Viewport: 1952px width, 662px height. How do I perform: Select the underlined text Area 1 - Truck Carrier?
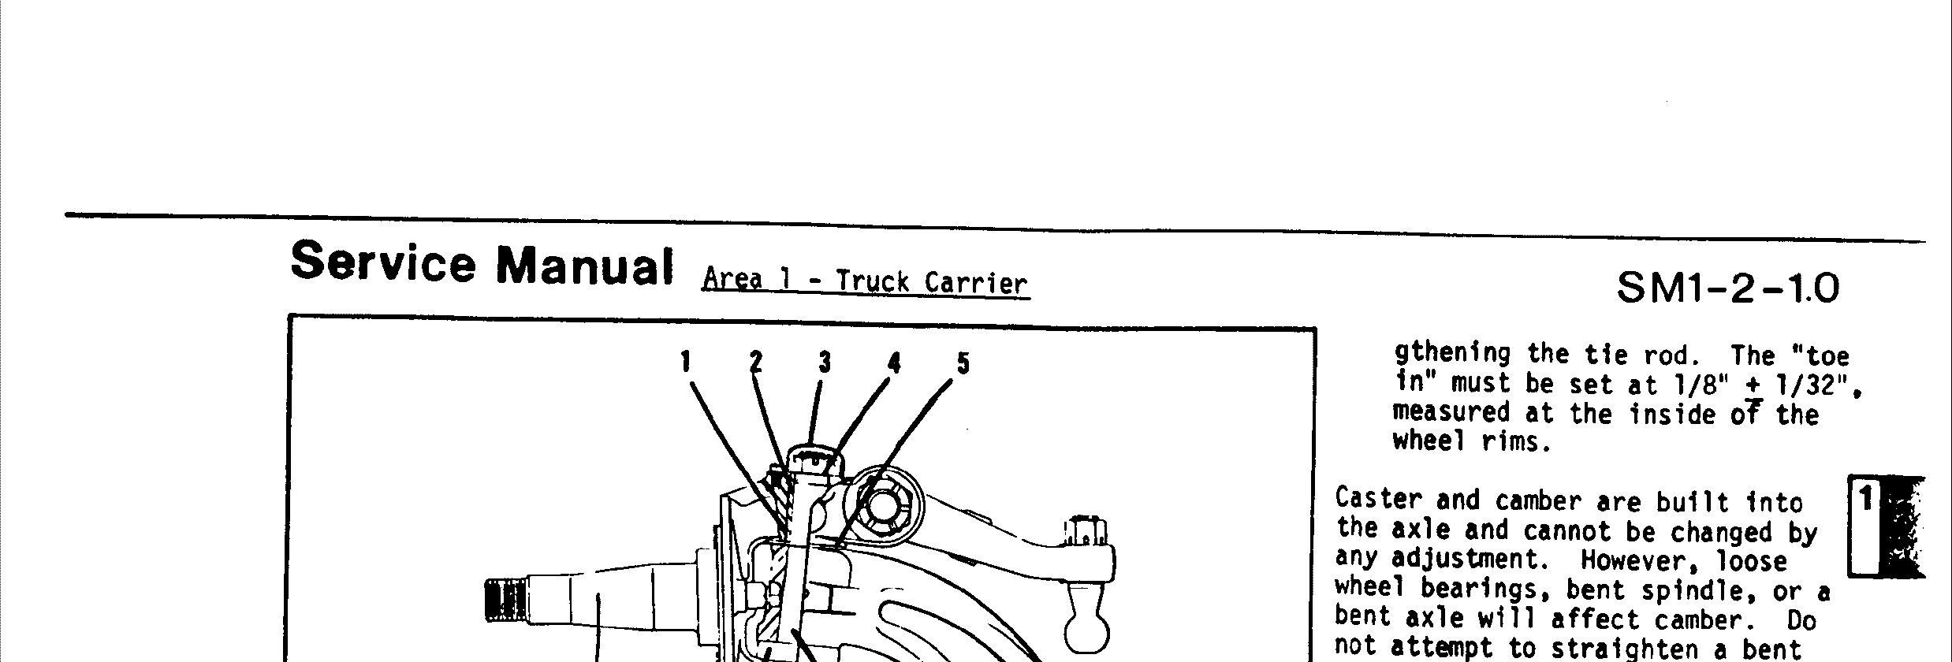point(865,281)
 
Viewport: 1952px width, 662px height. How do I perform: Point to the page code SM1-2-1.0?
point(1727,288)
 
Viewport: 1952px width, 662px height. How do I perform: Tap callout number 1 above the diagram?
point(686,362)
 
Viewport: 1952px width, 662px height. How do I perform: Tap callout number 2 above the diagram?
point(756,362)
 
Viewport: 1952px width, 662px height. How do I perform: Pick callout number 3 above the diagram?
point(825,362)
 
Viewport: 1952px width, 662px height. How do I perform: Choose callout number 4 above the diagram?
point(894,363)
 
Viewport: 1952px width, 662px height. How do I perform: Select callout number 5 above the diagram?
point(963,363)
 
